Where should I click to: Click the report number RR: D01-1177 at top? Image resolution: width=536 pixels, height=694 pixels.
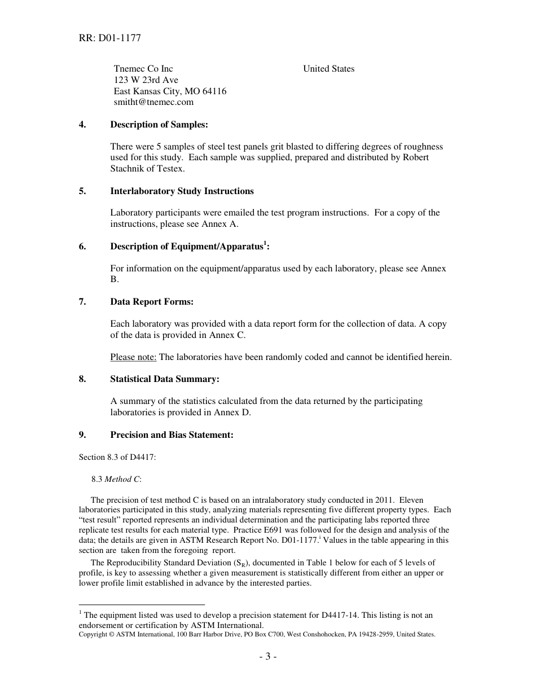tap(110, 38)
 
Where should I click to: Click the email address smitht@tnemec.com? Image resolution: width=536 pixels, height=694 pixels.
tap(153, 102)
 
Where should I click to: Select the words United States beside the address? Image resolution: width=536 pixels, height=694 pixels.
tap(328, 69)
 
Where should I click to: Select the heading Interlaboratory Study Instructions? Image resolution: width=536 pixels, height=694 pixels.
tap(182, 191)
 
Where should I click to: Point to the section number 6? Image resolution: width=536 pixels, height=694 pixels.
tap(82, 247)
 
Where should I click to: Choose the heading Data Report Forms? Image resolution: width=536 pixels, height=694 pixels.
tap(151, 302)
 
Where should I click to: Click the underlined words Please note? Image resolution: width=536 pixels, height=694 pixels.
tap(133, 357)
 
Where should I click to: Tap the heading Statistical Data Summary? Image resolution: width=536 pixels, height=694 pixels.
tap(164, 379)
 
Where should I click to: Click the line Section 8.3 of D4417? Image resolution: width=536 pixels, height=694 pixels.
tap(117, 458)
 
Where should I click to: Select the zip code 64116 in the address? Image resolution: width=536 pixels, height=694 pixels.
tap(214, 91)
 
